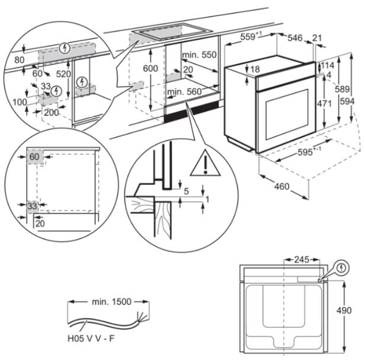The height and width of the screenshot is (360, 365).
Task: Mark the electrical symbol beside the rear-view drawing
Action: point(341,268)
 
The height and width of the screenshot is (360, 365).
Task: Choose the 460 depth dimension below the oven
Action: point(281,187)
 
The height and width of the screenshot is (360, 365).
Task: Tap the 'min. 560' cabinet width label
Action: point(184,91)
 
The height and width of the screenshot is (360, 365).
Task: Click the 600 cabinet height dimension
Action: point(151,69)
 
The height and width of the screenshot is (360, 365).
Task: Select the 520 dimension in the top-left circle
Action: point(63,74)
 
